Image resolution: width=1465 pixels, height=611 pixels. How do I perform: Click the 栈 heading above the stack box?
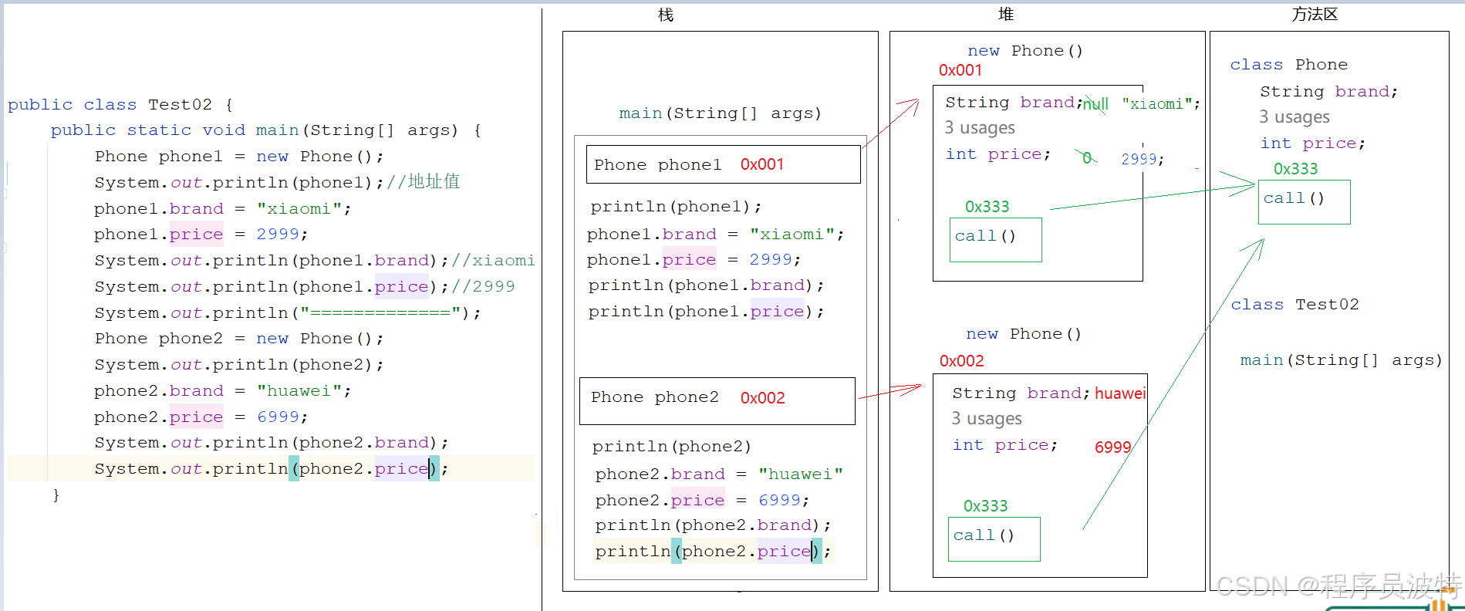click(665, 15)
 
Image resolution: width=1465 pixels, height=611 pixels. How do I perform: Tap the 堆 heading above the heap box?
click(1005, 15)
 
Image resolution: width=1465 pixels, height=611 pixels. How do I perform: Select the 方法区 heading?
click(1315, 15)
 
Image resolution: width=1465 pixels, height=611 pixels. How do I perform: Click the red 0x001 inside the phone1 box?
click(761, 164)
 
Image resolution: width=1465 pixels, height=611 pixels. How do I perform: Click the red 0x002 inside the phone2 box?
click(762, 398)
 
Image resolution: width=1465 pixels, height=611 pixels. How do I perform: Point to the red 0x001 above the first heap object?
click(960, 70)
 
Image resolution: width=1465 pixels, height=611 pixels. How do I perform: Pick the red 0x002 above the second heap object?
click(961, 361)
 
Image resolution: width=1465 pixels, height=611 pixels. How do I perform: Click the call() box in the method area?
click(1304, 201)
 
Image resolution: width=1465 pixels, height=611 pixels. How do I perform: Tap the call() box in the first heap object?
click(995, 239)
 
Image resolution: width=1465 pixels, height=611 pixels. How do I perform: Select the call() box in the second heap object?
click(994, 538)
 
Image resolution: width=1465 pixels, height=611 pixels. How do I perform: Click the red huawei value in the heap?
click(1119, 393)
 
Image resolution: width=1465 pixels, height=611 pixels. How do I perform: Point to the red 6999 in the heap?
click(1112, 447)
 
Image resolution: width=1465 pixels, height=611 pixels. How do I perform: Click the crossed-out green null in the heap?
click(1095, 104)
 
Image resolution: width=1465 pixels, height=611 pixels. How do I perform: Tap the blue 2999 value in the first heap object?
click(1139, 159)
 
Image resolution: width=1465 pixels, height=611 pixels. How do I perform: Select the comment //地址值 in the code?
click(424, 182)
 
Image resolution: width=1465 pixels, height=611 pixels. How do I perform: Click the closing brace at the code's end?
click(56, 495)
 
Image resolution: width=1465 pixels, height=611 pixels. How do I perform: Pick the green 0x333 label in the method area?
click(1295, 169)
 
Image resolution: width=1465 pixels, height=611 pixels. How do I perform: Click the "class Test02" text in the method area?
click(1295, 305)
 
